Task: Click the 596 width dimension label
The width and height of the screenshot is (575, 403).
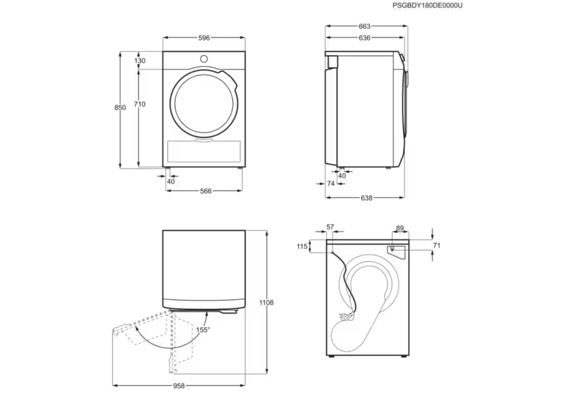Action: [x=204, y=38]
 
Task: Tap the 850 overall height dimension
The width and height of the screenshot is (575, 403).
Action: [x=121, y=107]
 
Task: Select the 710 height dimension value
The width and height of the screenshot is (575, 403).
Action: [x=140, y=104]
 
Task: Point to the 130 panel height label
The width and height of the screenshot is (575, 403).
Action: [x=140, y=61]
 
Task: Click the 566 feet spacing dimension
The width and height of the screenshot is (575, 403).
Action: [x=206, y=191]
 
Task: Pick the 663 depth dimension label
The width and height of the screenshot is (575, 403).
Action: [x=364, y=27]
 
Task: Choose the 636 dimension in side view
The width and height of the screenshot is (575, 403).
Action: [x=364, y=38]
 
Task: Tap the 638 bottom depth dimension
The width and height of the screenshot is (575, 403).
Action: [x=366, y=198]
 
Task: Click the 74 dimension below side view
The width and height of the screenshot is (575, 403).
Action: [x=331, y=184]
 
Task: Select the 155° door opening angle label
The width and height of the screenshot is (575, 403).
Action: [x=203, y=330]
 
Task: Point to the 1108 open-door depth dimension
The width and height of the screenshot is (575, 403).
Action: [x=266, y=303]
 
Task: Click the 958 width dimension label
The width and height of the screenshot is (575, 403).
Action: [x=179, y=386]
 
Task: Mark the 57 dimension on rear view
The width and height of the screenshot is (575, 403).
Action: [x=330, y=227]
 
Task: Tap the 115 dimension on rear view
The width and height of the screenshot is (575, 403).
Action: [x=302, y=246]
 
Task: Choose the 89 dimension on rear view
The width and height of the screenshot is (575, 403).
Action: [x=400, y=228]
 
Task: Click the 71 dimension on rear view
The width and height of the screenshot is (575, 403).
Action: [x=437, y=245]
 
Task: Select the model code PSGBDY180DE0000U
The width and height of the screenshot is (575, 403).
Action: [x=427, y=6]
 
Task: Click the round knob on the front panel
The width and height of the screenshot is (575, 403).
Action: [x=204, y=59]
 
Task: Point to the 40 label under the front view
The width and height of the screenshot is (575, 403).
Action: [x=171, y=181]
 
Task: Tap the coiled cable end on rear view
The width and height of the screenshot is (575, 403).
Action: [x=346, y=315]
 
